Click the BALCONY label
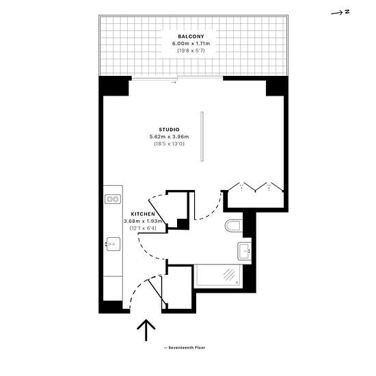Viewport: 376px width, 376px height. click(191, 36)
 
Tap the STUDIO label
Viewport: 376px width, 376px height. click(169, 129)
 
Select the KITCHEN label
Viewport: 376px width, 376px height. click(143, 214)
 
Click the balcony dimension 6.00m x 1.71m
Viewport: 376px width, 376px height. click(191, 43)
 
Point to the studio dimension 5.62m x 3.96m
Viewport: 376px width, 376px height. click(169, 137)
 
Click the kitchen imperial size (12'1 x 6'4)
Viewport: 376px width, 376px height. click(143, 228)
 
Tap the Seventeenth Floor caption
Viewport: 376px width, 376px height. click(185, 347)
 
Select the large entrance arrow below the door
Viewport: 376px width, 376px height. click(146, 330)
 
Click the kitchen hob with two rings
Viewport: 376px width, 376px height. click(113, 199)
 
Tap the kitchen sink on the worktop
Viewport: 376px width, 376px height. click(113, 244)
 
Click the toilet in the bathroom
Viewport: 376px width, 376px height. click(234, 226)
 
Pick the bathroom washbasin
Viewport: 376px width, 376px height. click(244, 251)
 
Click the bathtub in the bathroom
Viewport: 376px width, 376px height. click(218, 276)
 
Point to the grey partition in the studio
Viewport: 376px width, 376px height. click(202, 137)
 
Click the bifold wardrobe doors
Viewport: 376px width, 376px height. click(256, 187)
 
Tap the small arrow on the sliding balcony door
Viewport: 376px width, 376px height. click(174, 82)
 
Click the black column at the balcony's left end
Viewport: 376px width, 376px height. click(114, 86)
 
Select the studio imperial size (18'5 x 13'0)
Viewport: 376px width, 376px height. click(169, 144)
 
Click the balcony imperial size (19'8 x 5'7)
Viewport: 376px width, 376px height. click(191, 51)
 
